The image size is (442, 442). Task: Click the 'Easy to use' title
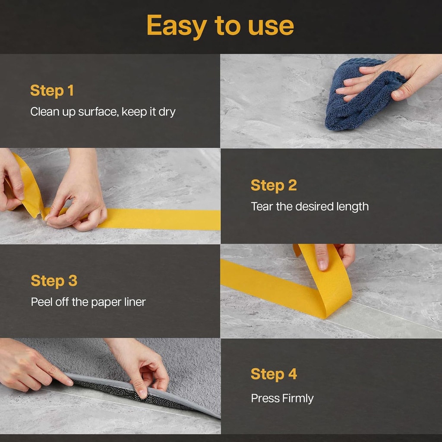[220, 26]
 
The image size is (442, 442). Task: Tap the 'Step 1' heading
[52, 91]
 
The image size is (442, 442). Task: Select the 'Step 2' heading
[274, 185]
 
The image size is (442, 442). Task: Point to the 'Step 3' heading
[54, 281]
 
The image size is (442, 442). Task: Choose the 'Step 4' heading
[274, 374]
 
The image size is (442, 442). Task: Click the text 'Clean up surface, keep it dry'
[103, 112]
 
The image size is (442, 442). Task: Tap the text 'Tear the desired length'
[309, 206]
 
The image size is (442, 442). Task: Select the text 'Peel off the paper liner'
[88, 302]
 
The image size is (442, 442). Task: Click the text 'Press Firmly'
[282, 398]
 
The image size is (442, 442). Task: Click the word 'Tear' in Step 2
[262, 206]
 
